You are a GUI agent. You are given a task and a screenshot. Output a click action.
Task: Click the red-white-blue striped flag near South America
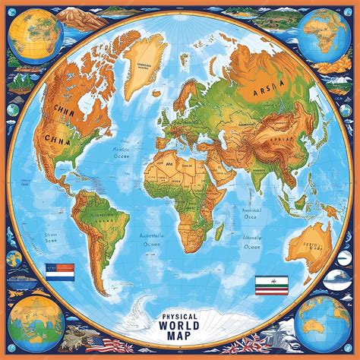pos(59,268)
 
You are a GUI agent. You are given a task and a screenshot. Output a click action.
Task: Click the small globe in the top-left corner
pos(33,33)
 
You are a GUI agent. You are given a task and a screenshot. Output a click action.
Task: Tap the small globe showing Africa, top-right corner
pos(325,35)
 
